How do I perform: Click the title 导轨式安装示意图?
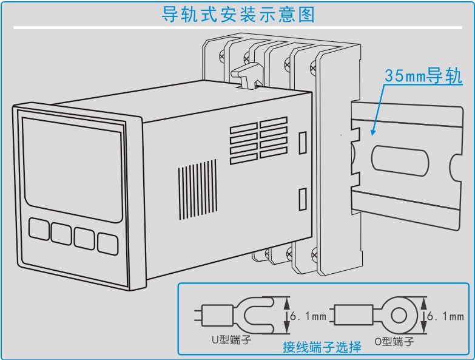(x=238, y=14)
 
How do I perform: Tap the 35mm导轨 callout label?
(x=423, y=76)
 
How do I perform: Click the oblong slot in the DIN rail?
(x=400, y=161)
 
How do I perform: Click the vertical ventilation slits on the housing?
(x=197, y=190)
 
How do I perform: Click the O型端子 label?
(x=394, y=342)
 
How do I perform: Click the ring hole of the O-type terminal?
(x=399, y=315)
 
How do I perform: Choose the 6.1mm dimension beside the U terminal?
(x=308, y=316)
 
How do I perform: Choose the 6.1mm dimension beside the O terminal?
(x=446, y=316)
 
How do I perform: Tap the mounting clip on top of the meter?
(x=246, y=78)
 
